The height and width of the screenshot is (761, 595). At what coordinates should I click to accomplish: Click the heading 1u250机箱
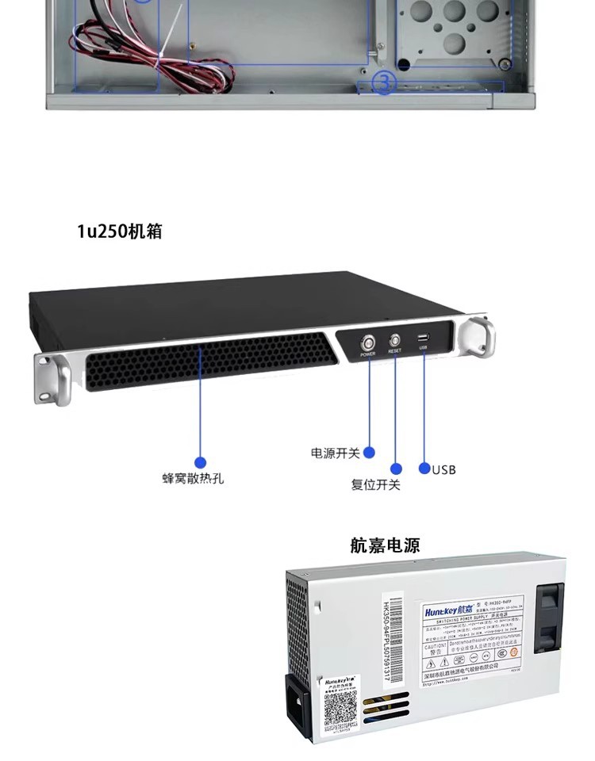(x=119, y=231)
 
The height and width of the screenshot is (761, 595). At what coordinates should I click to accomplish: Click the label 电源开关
(x=335, y=453)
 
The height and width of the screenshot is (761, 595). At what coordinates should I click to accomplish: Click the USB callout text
(x=444, y=469)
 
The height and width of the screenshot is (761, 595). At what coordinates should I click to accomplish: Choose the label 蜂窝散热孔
(x=193, y=479)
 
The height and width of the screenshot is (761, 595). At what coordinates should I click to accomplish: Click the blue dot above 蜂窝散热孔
(x=200, y=462)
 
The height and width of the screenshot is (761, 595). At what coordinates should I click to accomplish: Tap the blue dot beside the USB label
(x=424, y=468)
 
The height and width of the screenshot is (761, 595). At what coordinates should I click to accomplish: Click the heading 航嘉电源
(x=384, y=545)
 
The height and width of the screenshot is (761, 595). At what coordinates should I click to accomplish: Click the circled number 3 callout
(x=383, y=83)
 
